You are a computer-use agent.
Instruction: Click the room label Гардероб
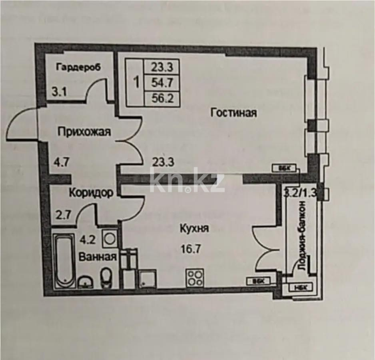(x=78, y=67)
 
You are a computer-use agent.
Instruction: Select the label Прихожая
(x=83, y=132)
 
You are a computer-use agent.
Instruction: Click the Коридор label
(x=90, y=193)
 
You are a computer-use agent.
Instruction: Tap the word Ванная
(x=98, y=256)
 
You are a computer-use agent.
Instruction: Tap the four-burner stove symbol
(x=195, y=277)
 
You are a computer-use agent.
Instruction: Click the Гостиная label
(x=233, y=113)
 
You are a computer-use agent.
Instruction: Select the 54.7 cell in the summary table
(x=162, y=83)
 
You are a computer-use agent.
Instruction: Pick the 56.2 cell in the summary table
(x=162, y=98)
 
